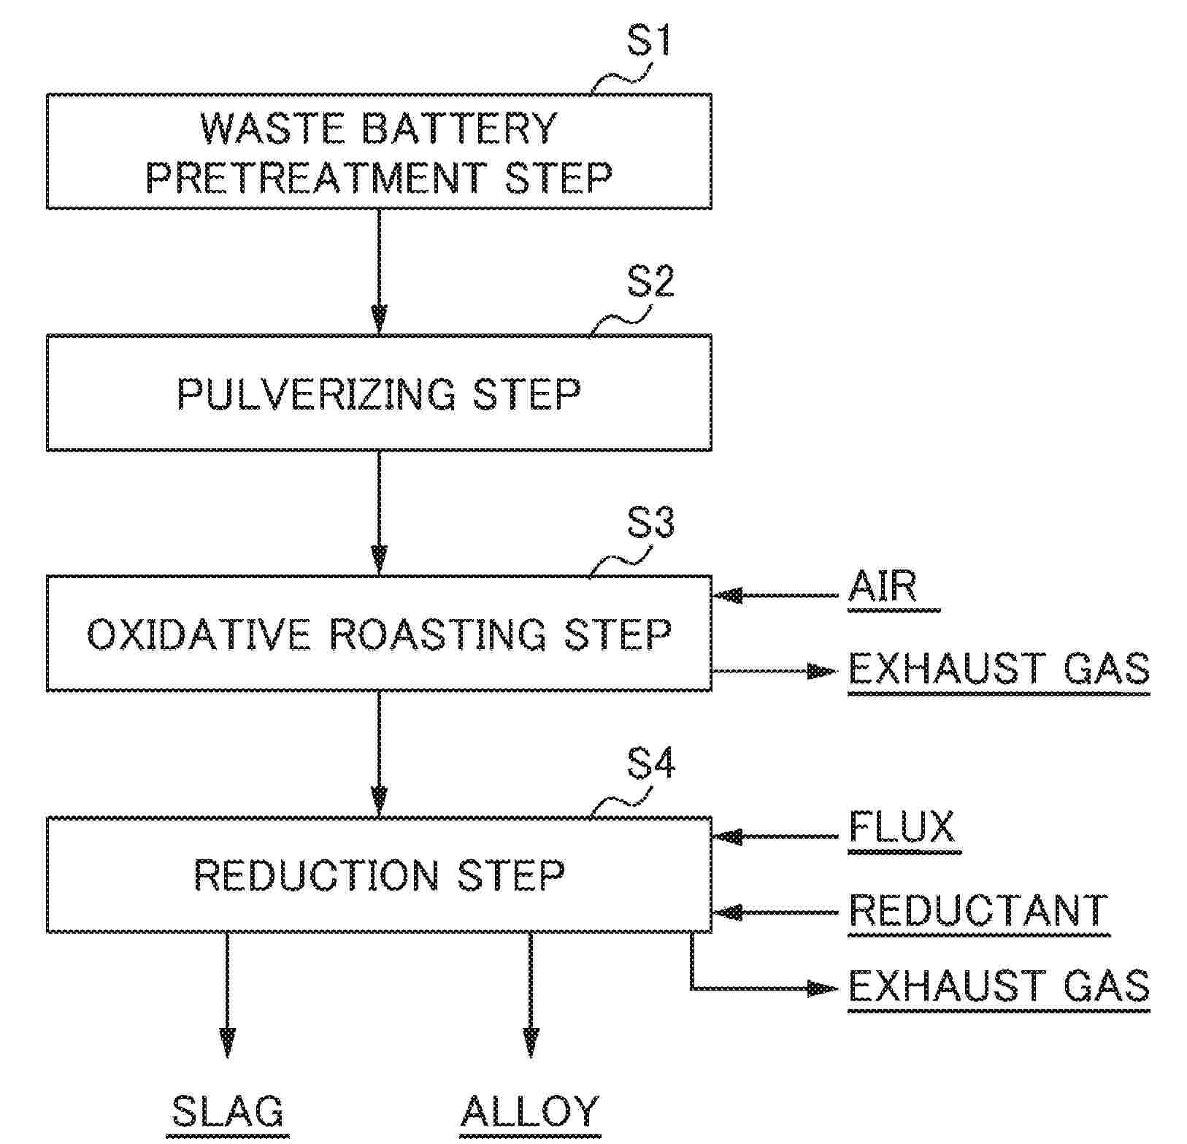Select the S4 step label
(x=650, y=764)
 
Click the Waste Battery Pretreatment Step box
(x=379, y=151)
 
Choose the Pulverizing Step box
(x=379, y=393)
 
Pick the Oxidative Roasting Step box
(x=379, y=633)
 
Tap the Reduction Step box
(x=379, y=875)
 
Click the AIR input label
(x=882, y=586)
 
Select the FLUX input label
(x=902, y=828)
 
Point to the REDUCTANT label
(x=978, y=911)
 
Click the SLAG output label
(x=228, y=1112)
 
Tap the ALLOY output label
(x=530, y=1112)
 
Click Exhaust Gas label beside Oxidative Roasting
(x=999, y=668)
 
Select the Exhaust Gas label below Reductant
(x=999, y=986)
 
